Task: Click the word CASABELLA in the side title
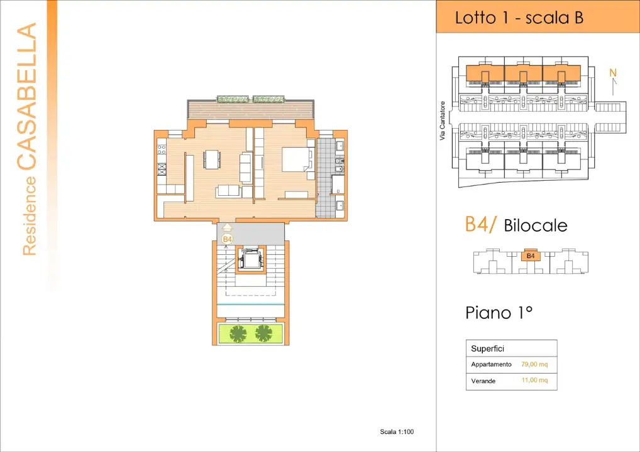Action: (x=26, y=97)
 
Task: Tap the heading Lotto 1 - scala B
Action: (x=519, y=18)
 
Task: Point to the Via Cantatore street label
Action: (x=443, y=121)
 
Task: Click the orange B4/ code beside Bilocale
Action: (x=481, y=225)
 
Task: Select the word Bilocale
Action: (x=536, y=225)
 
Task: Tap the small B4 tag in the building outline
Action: (x=530, y=256)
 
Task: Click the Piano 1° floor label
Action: (x=499, y=312)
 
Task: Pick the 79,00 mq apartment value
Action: (x=534, y=364)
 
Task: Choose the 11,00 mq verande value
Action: (x=534, y=380)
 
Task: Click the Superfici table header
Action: (x=487, y=348)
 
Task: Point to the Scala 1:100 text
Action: (x=397, y=431)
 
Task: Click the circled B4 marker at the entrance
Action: (x=227, y=239)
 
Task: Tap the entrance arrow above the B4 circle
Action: (x=227, y=229)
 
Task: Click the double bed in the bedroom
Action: (x=296, y=159)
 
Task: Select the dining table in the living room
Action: (x=212, y=159)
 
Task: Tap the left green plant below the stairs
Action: (x=238, y=334)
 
